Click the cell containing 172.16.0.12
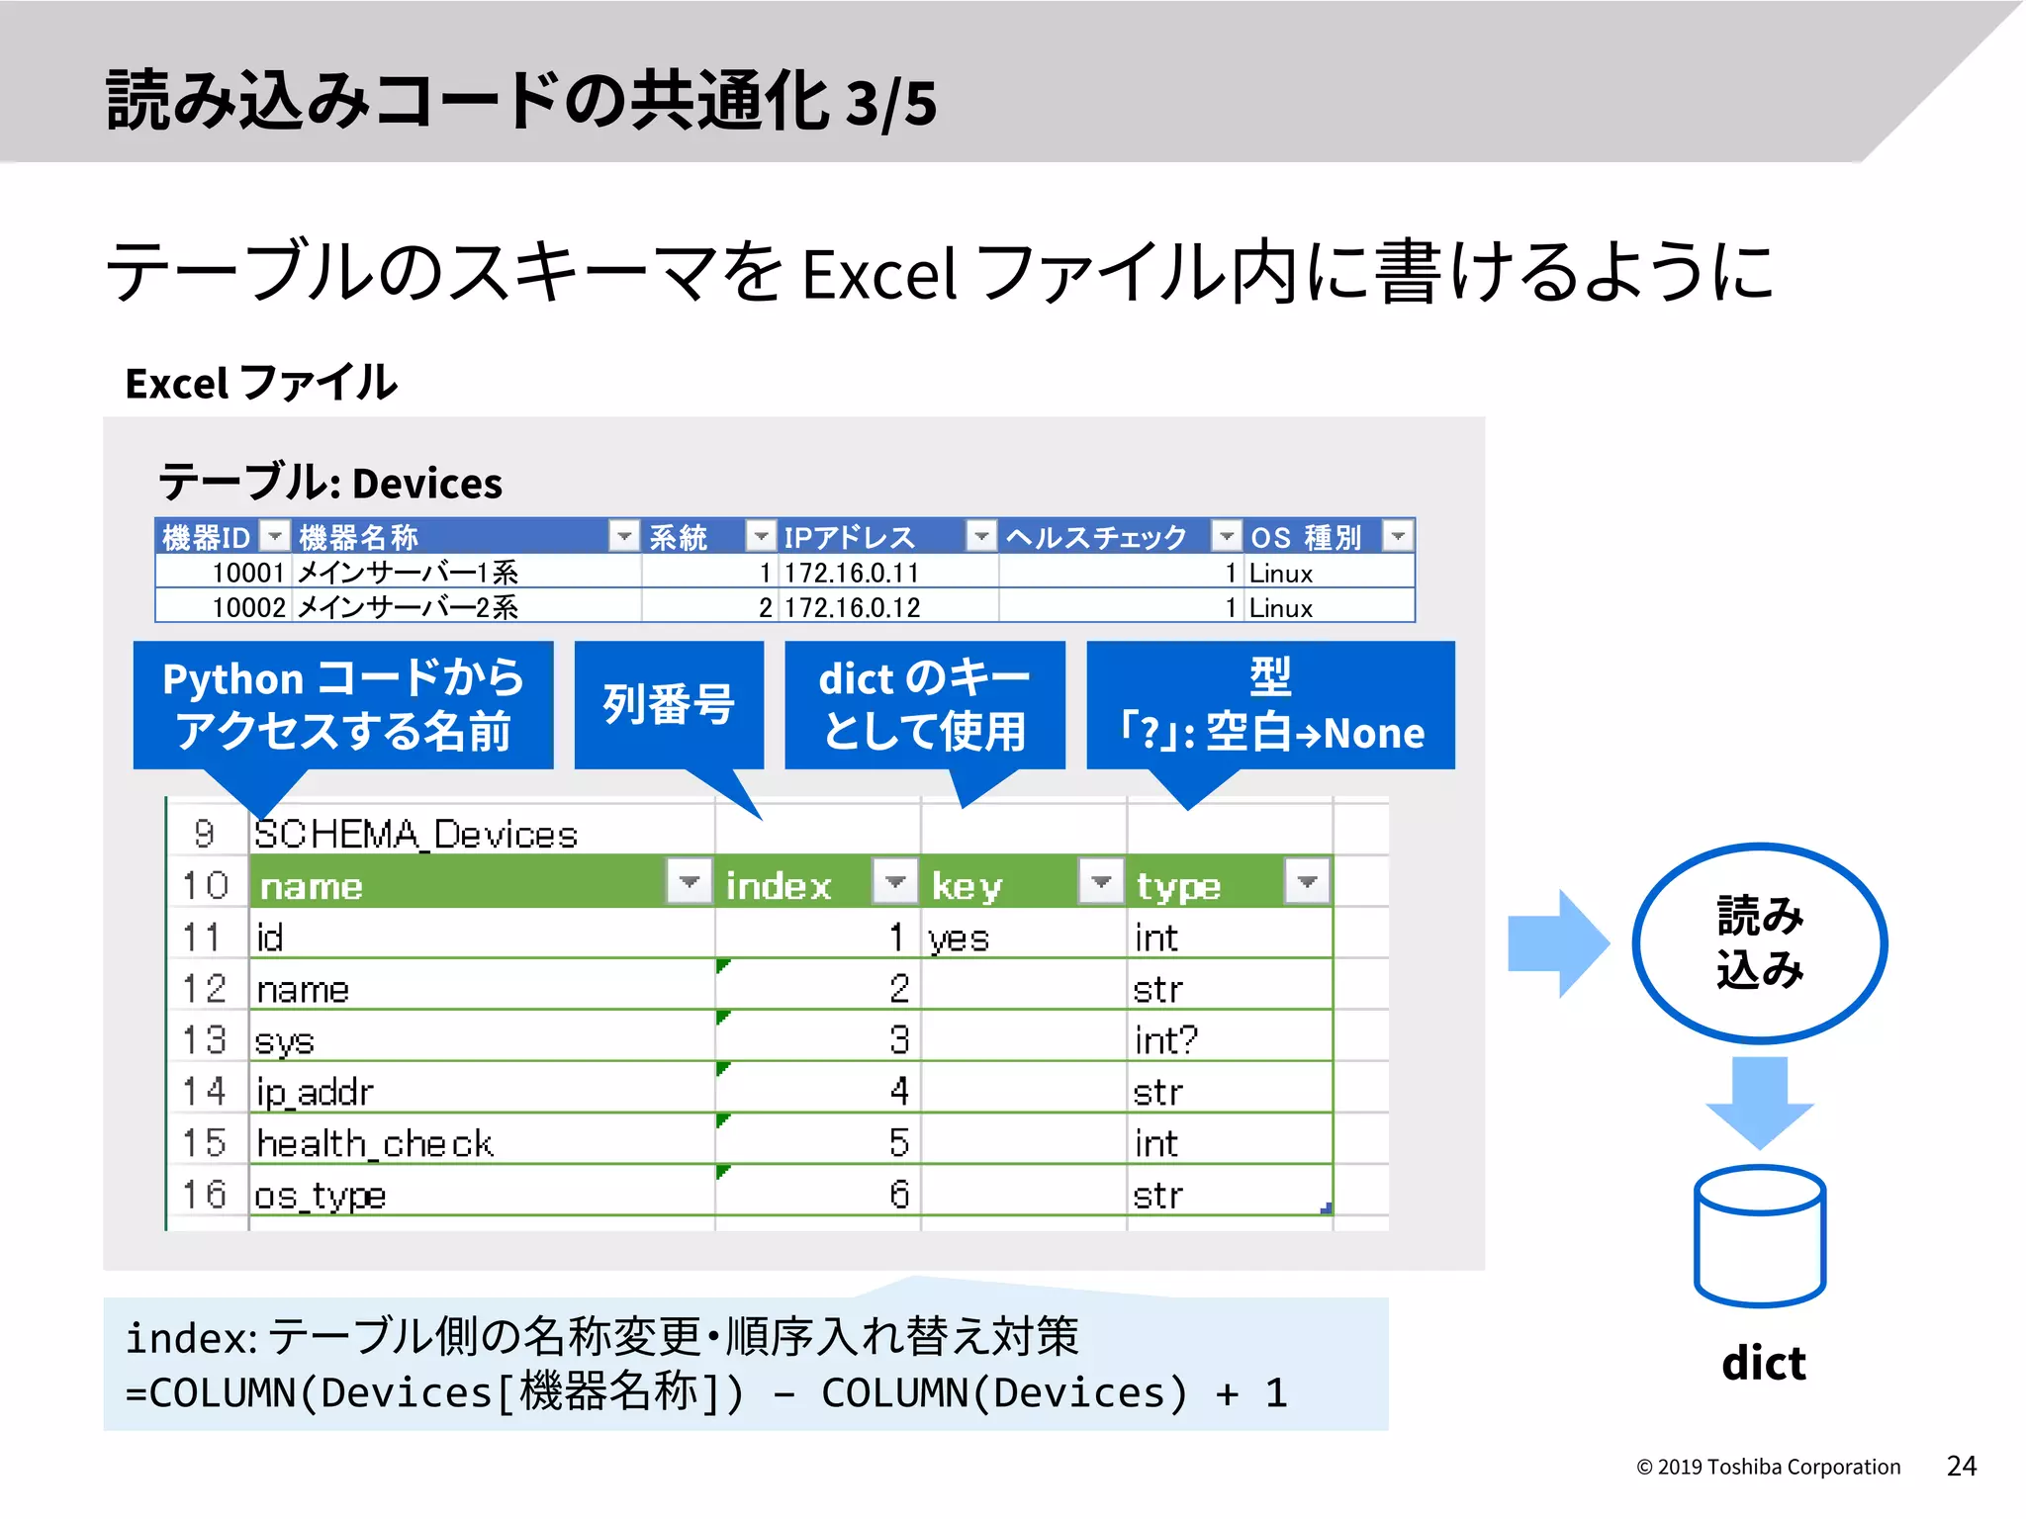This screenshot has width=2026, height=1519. click(853, 607)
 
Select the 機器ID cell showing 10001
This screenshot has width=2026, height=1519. click(247, 573)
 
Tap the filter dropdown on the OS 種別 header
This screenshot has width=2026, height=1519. click(1398, 536)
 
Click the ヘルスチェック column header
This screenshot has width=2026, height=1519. click(1096, 537)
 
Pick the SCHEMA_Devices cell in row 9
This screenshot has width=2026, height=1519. click(416, 835)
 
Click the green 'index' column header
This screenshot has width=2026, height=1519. click(780, 885)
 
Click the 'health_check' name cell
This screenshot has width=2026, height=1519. click(375, 1143)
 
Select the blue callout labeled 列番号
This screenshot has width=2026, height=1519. click(669, 704)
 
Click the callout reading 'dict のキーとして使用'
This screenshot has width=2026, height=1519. click(924, 704)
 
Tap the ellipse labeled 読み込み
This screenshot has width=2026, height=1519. click(1759, 942)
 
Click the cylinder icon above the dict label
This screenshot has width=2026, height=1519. click(1759, 1235)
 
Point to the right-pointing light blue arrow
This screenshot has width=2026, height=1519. click(1556, 943)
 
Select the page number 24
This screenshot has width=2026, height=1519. click(1961, 1466)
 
